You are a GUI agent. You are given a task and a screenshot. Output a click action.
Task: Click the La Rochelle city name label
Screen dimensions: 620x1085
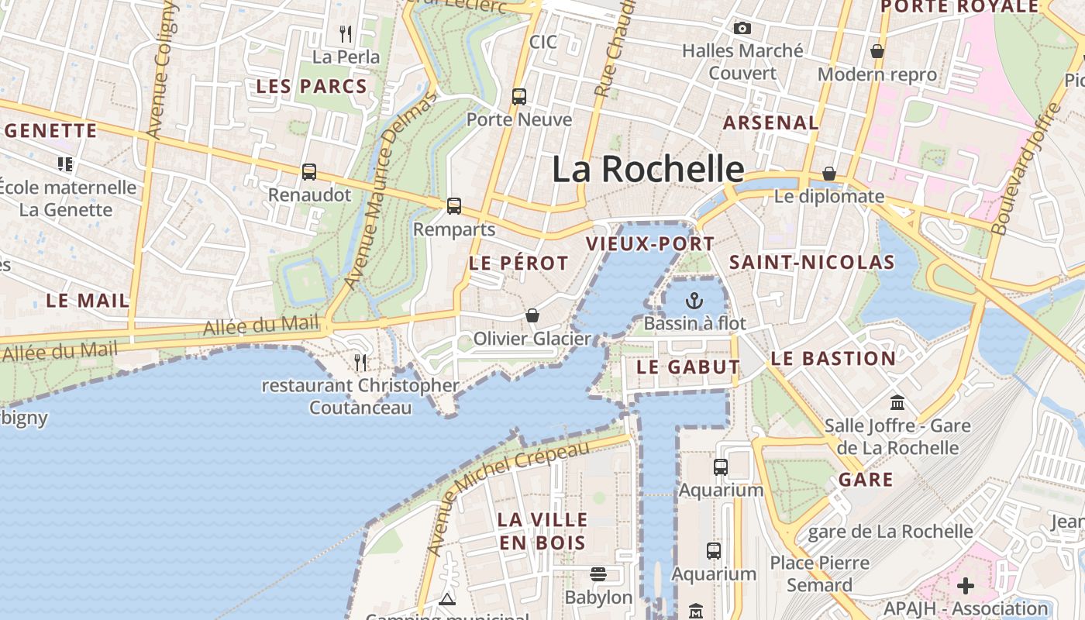pos(648,169)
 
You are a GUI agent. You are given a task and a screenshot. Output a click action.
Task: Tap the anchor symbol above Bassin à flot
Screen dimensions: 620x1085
pos(694,300)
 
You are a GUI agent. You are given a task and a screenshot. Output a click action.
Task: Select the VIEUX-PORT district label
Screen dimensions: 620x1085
pos(649,244)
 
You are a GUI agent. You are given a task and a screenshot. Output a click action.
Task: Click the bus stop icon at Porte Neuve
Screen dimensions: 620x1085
pos(519,97)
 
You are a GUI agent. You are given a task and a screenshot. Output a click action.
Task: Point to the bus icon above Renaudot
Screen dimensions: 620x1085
pos(309,172)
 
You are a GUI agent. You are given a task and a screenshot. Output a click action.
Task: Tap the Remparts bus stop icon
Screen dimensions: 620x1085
pos(454,206)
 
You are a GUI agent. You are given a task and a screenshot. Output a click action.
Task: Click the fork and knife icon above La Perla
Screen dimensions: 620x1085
pos(346,34)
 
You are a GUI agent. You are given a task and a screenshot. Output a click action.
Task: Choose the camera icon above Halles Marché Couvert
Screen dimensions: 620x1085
pos(742,29)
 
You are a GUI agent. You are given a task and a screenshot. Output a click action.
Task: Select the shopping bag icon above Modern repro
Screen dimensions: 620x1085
pos(877,51)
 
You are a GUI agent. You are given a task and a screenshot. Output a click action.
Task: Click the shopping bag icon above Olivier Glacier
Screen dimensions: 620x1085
pos(532,315)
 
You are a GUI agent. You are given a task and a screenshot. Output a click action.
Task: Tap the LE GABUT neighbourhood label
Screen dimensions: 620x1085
pos(688,367)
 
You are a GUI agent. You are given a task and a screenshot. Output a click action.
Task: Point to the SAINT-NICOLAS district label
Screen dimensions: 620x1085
pos(812,263)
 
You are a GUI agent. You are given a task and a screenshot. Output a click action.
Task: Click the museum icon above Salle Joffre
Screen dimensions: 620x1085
pos(897,402)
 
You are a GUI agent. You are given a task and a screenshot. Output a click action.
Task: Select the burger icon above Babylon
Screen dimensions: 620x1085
pos(598,574)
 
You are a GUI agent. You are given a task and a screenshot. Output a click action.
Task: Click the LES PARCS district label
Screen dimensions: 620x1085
pos(312,87)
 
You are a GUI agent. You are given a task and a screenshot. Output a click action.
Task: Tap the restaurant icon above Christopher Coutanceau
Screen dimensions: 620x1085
pos(360,362)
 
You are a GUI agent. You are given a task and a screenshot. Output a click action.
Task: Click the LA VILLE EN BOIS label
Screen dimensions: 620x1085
pos(542,531)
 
